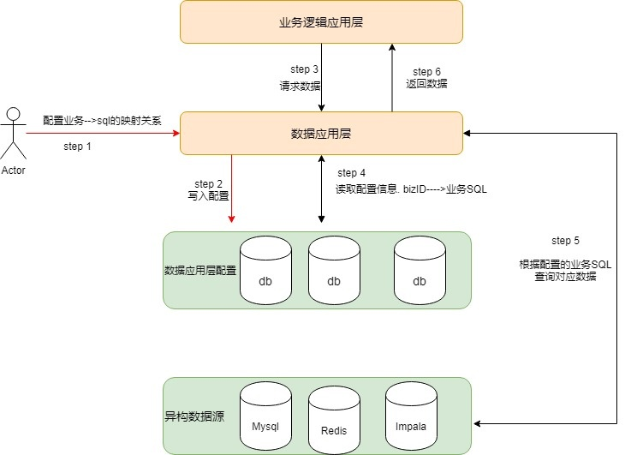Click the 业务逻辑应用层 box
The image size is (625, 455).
321,21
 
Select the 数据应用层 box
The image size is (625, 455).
321,133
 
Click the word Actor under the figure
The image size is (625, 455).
13,169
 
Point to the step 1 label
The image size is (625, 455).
77,147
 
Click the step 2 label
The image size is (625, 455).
208,184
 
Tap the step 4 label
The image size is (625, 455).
352,173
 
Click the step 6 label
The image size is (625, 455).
426,71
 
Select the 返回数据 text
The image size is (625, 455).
426,84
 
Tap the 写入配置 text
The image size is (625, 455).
208,197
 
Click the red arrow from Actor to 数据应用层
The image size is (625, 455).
103,133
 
